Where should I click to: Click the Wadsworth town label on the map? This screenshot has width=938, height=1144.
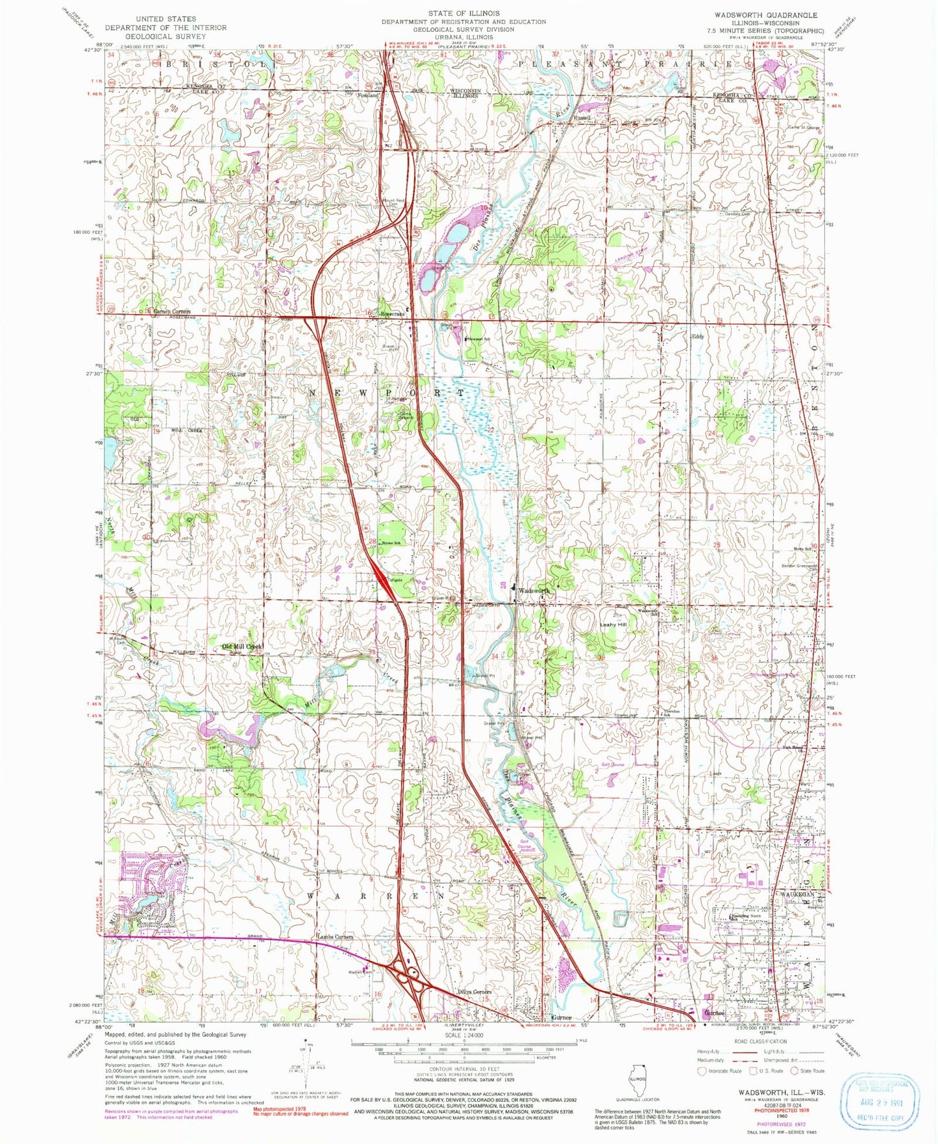point(534,590)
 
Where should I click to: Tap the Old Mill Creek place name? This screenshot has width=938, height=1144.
point(242,647)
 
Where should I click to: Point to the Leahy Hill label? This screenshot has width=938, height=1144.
point(613,624)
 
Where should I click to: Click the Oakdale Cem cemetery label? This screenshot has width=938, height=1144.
point(737,214)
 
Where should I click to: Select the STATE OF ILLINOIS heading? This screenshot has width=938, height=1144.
point(463,13)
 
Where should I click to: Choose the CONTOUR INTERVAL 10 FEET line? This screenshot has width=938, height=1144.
point(463,1068)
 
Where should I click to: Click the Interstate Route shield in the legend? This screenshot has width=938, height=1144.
point(704,1071)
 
